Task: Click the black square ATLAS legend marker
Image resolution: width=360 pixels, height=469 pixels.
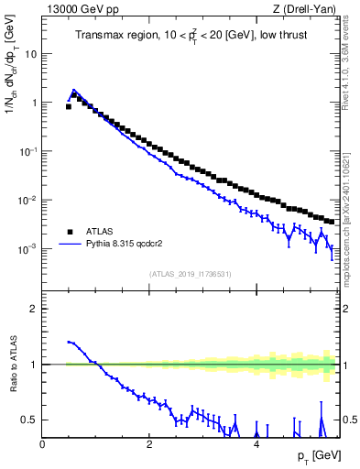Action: pos(70,232)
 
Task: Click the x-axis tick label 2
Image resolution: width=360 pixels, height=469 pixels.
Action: pos(149,443)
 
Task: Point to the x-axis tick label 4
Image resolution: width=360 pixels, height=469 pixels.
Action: pos(256,443)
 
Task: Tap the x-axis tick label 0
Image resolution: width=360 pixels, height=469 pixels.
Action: pos(43,443)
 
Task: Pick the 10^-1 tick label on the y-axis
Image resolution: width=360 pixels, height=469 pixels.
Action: pos(27,151)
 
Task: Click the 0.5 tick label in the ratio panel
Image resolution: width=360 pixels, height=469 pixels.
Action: pos(29,420)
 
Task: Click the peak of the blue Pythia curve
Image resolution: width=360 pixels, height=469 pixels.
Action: pos(74,90)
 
